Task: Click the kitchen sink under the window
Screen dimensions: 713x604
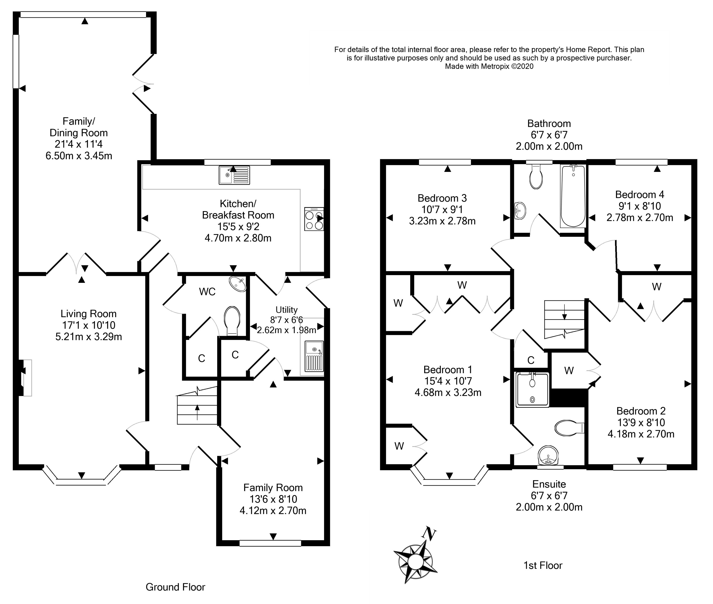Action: pos(234,175)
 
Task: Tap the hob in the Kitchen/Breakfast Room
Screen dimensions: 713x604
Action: pos(314,219)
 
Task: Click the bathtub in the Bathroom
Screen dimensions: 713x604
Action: pos(573,196)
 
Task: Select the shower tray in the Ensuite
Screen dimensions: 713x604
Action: pos(532,390)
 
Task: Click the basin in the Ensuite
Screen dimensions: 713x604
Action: pos(548,455)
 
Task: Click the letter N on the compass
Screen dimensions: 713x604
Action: pos(429,534)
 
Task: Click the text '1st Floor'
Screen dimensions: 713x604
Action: pos(543,565)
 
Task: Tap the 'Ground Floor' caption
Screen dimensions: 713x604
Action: pos(175,587)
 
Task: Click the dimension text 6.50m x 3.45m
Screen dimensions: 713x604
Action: pos(79,156)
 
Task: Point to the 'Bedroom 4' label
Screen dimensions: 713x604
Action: pos(640,194)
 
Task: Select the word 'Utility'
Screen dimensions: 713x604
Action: pos(286,310)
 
